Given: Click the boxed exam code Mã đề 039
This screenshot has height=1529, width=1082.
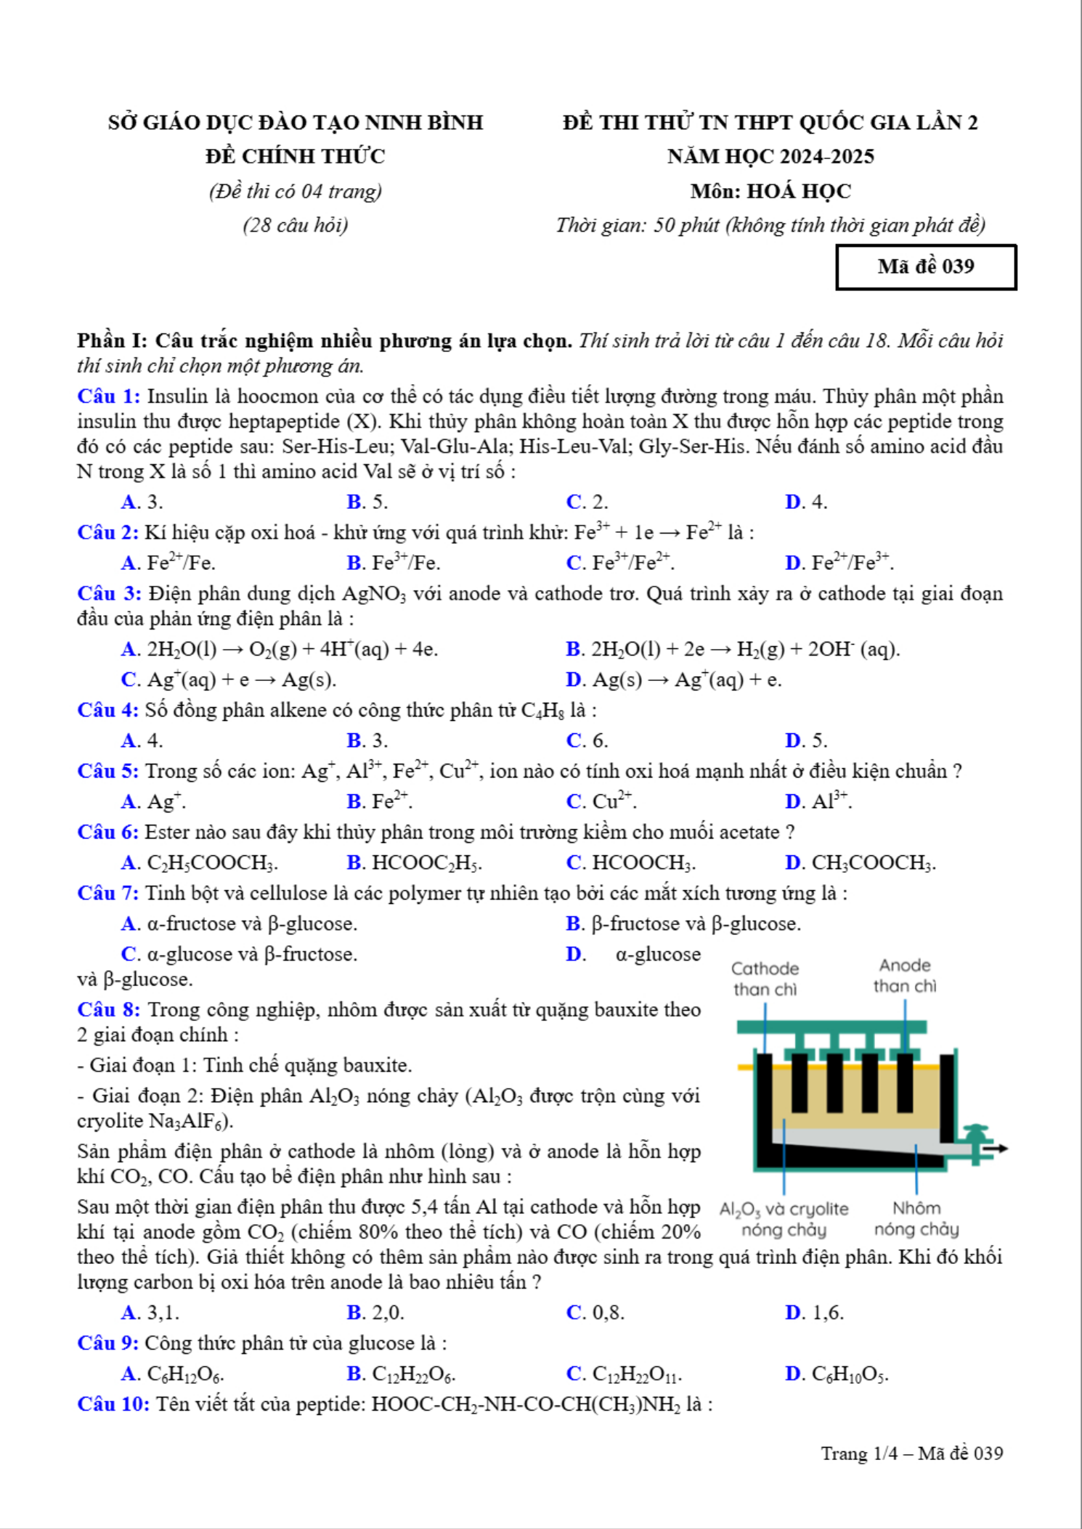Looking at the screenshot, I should tap(926, 267).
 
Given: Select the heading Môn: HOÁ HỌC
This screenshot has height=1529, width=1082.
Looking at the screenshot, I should tap(770, 191).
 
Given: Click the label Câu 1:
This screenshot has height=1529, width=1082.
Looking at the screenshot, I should tap(109, 396).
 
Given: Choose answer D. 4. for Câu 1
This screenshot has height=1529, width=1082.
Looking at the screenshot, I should tap(806, 502).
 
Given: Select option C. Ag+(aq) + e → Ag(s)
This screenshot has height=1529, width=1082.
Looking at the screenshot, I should tap(228, 680).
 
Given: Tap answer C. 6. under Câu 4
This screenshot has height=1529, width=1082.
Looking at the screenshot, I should tap(587, 741).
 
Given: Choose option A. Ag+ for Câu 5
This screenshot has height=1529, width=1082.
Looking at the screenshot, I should tap(153, 802).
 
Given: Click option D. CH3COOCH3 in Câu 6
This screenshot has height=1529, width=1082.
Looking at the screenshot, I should tap(861, 863).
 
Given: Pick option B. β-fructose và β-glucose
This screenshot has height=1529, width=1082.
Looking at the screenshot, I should tap(683, 923).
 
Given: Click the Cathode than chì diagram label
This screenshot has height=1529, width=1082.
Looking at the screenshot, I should tap(765, 979).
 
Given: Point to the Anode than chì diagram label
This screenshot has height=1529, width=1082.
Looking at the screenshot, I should tap(905, 976).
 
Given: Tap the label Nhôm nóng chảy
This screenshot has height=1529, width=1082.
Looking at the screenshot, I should tap(916, 1218).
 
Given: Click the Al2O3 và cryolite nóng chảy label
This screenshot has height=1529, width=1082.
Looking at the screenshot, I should tap(784, 1219).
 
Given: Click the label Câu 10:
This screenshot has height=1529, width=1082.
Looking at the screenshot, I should tap(113, 1404).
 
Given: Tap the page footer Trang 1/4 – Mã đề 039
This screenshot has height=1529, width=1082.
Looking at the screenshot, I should tap(912, 1453).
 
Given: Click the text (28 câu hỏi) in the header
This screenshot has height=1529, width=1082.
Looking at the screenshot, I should tap(296, 225).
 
